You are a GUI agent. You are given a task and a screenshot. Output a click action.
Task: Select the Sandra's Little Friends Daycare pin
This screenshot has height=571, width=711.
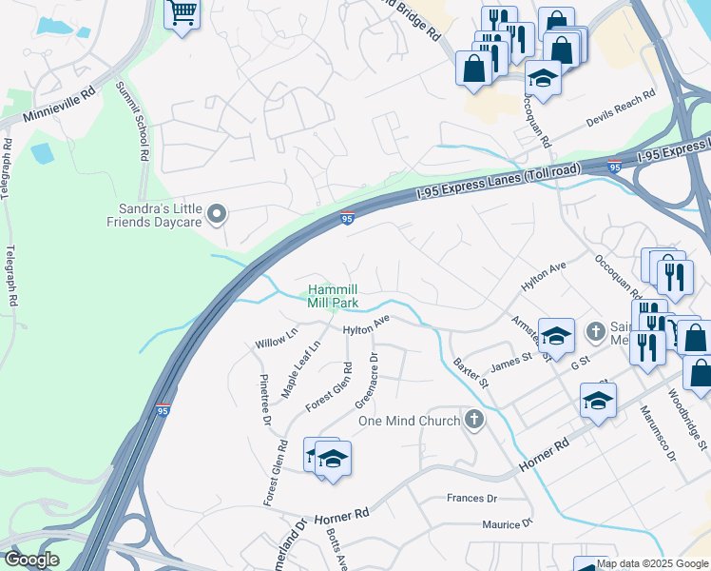218,215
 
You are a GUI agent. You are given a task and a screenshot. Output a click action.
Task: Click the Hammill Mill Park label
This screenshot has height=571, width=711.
333,296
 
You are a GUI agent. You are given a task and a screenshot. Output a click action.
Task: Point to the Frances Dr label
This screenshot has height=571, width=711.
471,498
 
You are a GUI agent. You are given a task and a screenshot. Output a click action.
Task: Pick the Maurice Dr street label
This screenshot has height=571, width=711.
507,524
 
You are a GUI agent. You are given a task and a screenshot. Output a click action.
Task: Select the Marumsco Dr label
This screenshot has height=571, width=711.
657,433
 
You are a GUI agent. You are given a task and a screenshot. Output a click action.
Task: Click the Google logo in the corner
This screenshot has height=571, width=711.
32,560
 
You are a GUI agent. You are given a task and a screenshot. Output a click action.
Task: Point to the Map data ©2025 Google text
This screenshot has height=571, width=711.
652,563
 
